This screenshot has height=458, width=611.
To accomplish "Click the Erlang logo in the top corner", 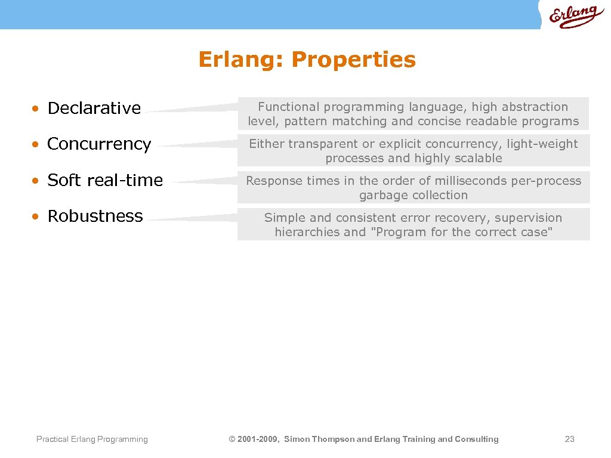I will click(x=576, y=16).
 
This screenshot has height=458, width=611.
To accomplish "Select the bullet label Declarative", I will click(x=94, y=108).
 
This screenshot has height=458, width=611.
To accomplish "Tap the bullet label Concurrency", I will click(x=99, y=144).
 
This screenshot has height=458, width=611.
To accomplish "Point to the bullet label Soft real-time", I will click(x=104, y=180).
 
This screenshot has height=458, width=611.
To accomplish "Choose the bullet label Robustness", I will click(x=95, y=216).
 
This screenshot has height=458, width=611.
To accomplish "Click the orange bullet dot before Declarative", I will click(x=36, y=109).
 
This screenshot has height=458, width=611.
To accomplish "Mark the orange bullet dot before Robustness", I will click(x=36, y=216).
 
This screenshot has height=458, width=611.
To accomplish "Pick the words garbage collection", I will click(x=413, y=196).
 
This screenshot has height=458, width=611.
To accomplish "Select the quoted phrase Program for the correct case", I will click(x=462, y=233).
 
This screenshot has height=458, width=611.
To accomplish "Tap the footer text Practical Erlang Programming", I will click(x=92, y=440).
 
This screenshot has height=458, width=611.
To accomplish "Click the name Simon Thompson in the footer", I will click(x=319, y=440).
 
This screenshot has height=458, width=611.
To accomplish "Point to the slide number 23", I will click(x=569, y=440).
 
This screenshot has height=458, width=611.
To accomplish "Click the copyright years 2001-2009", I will click(x=258, y=440).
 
